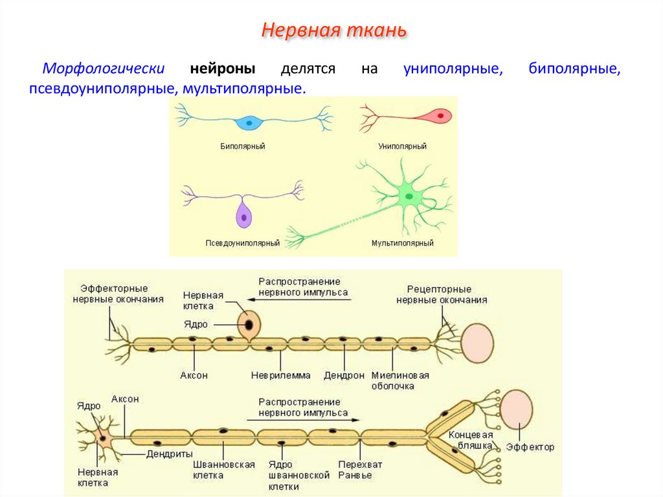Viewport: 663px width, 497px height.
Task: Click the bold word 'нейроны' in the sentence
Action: click(x=222, y=69)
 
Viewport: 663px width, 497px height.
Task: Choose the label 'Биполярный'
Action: click(x=242, y=146)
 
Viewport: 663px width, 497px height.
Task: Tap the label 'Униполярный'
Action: click(x=402, y=146)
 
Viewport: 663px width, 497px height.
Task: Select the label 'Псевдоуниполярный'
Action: click(x=242, y=244)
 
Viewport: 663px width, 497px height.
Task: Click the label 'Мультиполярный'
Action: click(x=402, y=244)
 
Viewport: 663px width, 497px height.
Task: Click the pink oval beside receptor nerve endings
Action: click(x=477, y=341)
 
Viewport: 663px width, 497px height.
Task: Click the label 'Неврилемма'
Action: click(x=280, y=375)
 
